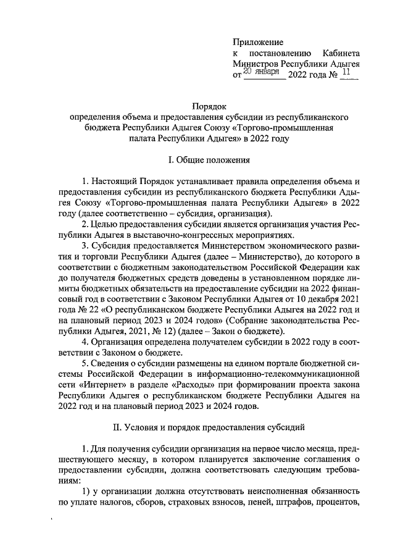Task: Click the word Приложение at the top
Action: pos(258,42)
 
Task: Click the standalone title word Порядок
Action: pos(210,106)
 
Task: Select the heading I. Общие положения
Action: pos(209,160)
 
